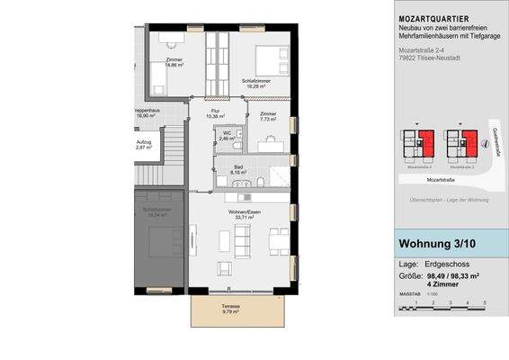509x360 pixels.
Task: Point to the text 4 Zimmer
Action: [x=442, y=284]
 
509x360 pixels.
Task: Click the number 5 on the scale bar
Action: [x=485, y=302]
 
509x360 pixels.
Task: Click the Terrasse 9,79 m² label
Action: [x=237, y=310]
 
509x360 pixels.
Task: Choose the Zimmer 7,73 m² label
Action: [x=267, y=116]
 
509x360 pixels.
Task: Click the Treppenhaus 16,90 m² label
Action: [x=147, y=113]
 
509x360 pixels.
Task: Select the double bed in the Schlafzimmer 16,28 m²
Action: [x=268, y=59]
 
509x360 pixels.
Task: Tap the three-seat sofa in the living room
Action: [x=242, y=239]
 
